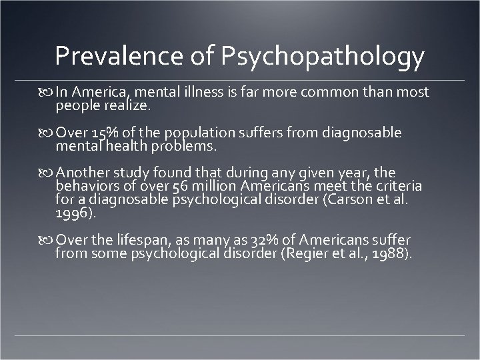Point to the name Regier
(303, 253)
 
